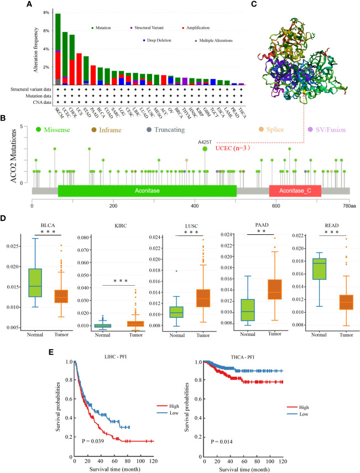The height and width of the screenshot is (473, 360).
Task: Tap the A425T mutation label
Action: point(206,142)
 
